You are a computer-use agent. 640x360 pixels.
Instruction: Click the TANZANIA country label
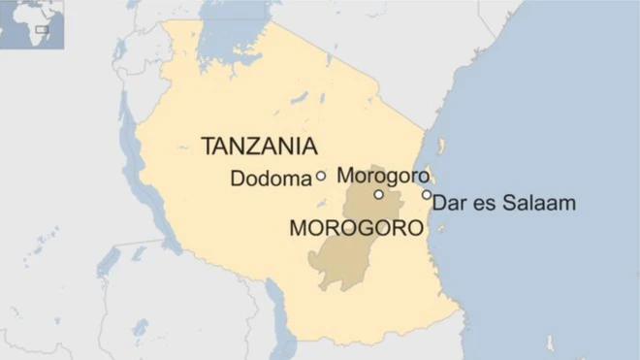pos(259,147)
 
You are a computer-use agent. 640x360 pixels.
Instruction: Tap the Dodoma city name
pos(271,179)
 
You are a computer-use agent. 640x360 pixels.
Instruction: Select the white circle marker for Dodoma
pos(321,177)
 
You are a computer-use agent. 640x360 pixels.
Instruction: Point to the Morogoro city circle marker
pos(378,195)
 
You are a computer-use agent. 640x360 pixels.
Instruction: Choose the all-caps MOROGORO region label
pos(357,230)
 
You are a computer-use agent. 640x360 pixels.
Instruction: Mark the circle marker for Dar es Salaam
pos(427,195)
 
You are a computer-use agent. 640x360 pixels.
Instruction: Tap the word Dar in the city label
pos(448,204)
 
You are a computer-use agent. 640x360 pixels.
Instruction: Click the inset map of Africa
pos(32,25)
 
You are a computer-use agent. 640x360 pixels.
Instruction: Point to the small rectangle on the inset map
pos(42,29)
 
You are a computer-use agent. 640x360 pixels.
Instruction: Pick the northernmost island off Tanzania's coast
pos(442,147)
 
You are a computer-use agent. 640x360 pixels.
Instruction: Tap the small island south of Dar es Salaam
pos(441,229)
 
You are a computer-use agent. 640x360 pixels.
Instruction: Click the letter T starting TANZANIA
pos(208,147)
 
